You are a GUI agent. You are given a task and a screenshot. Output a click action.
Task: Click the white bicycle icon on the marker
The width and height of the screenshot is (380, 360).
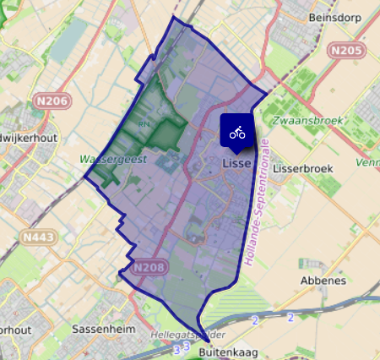(x=237, y=132)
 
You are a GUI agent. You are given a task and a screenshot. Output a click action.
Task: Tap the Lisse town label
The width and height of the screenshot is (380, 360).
(x=237, y=163)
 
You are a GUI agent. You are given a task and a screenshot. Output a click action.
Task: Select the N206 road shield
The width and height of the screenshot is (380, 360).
(x=52, y=101)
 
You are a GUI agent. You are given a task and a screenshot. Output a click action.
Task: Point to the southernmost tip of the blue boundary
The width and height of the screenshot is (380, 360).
(x=203, y=337)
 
